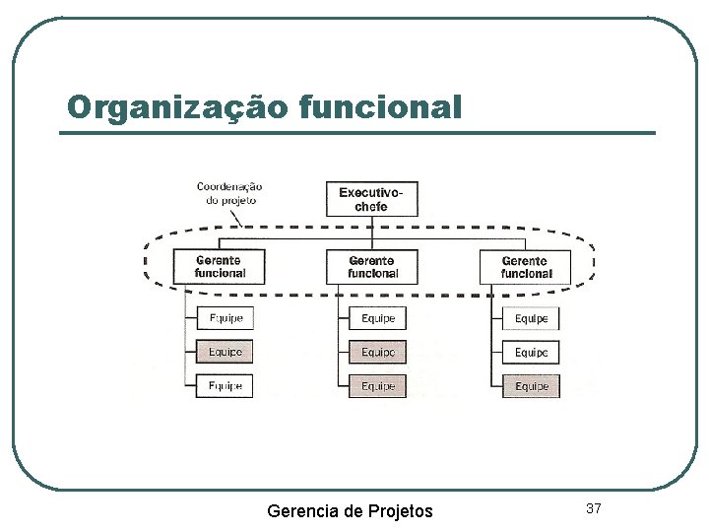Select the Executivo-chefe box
(371, 199)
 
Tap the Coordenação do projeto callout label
(229, 192)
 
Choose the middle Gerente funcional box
(372, 267)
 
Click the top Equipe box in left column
(225, 318)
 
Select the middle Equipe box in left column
(225, 352)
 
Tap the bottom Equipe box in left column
(225, 385)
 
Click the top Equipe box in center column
(378, 318)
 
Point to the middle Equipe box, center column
(378, 352)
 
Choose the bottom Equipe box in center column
(378, 386)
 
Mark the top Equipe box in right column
(532, 318)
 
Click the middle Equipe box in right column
(532, 352)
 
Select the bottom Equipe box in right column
(532, 386)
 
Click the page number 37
(593, 508)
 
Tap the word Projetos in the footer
(400, 510)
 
